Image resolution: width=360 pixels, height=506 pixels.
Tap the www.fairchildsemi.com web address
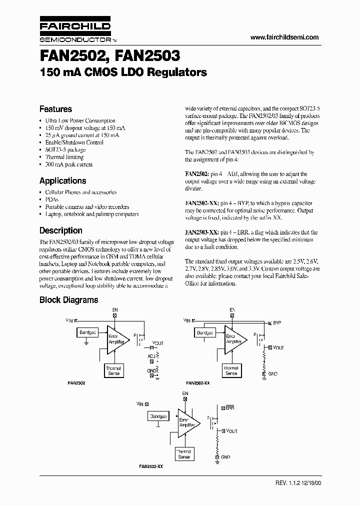(283, 37)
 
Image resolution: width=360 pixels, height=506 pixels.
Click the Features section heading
(55, 109)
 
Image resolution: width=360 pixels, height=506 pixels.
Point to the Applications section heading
(62, 181)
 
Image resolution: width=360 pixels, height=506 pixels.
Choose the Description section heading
(60, 230)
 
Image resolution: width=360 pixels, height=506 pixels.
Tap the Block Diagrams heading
(68, 300)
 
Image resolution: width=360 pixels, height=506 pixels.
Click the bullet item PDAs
(51, 199)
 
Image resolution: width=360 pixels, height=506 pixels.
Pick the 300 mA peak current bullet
(68, 164)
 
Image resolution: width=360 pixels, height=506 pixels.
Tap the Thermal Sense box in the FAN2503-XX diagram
(183, 454)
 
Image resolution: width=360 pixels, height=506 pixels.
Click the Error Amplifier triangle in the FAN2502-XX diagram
(234, 340)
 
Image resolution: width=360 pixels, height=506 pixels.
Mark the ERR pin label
(230, 408)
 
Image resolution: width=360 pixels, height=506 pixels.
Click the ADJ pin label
(151, 355)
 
